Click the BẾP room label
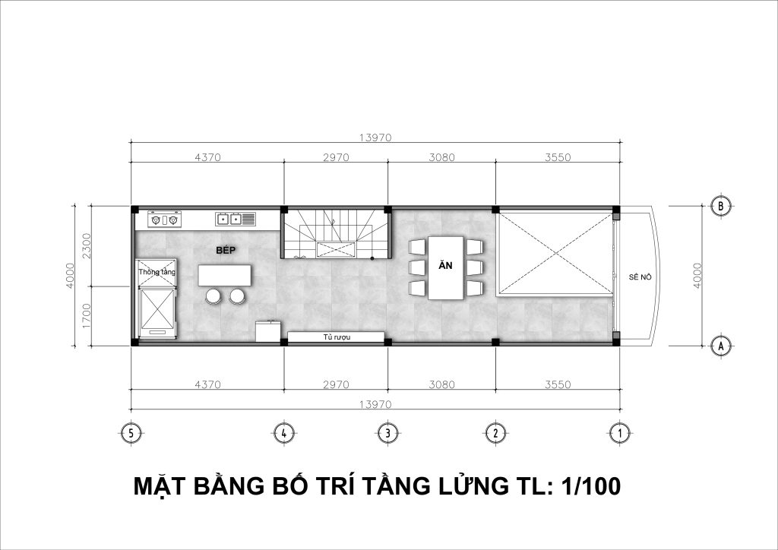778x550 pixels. [225, 251]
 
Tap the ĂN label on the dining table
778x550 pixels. [445, 265]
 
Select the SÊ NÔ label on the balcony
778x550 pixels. [640, 277]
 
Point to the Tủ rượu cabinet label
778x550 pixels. [337, 337]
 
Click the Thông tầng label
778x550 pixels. [157, 272]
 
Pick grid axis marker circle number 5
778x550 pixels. [131, 434]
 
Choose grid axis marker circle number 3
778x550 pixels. [387, 434]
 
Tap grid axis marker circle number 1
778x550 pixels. [619, 434]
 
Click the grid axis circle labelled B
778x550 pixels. [720, 206]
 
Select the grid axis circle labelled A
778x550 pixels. [720, 346]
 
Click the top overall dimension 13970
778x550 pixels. [375, 137]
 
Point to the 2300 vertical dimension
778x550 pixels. [87, 245]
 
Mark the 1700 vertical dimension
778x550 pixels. [87, 316]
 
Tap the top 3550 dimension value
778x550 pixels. [558, 157]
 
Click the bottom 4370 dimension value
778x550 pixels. [207, 384]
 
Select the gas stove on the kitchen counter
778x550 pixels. [164, 220]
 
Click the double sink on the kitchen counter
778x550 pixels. [236, 219]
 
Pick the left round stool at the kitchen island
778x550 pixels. [213, 296]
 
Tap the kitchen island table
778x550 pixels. [224, 275]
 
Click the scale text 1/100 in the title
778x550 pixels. [591, 486]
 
